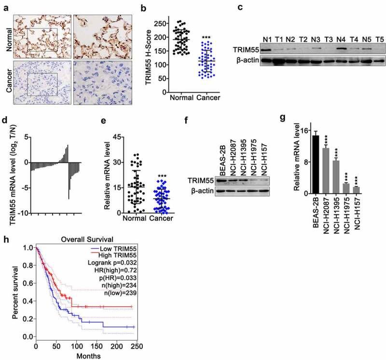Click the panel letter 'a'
(x=4, y=4)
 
